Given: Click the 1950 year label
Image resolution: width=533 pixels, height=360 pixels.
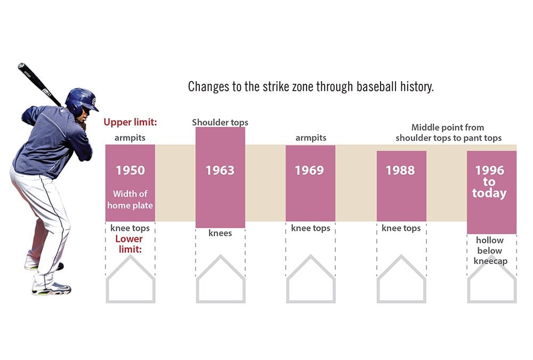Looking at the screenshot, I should point(130,170).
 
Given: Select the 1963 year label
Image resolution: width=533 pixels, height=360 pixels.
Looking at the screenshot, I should point(220,170).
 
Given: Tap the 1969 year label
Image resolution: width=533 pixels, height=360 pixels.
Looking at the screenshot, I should point(310,170).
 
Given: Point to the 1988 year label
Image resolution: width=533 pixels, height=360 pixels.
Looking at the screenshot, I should point(401,170).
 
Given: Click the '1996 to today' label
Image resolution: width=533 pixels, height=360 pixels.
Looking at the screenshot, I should point(489,181).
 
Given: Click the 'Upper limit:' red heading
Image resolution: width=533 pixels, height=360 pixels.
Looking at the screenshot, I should point(130,123).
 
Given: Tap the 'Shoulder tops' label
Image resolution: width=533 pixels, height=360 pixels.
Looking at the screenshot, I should point(220,123).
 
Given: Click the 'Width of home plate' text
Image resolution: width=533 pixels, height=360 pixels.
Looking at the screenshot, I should point(130,199).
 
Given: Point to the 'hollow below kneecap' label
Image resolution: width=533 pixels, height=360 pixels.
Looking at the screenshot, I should point(489,251).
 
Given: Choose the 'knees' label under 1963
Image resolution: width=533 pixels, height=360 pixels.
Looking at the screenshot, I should point(220,233).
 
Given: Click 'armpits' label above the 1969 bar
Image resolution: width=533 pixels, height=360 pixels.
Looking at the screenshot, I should point(311,138).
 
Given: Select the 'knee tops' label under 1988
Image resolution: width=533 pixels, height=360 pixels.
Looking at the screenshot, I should point(401,228).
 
